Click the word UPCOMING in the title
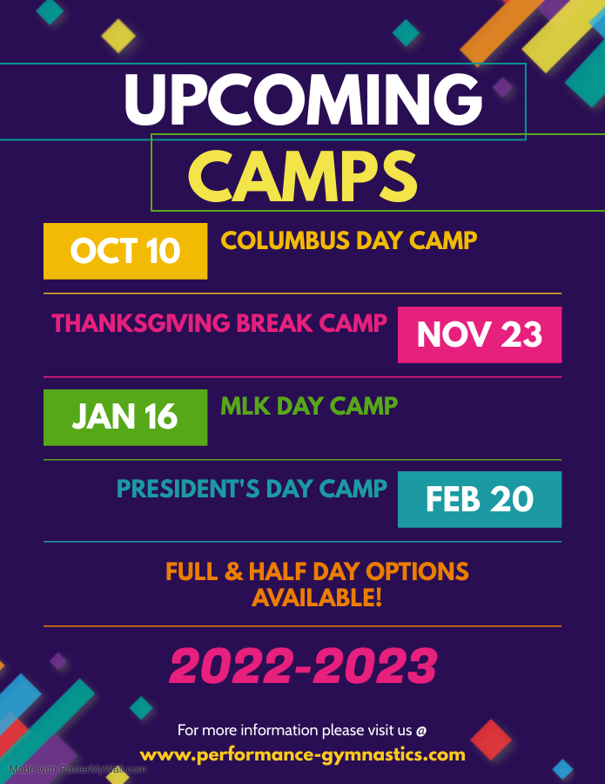click(x=303, y=100)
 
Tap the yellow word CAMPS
click(x=302, y=177)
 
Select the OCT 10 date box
click(x=125, y=251)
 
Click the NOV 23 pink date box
click(x=480, y=335)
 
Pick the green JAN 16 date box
click(x=125, y=417)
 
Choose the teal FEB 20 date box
click(x=480, y=499)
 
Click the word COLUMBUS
click(x=286, y=240)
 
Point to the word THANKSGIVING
click(x=141, y=323)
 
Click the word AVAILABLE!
click(x=317, y=598)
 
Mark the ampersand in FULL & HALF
click(x=233, y=571)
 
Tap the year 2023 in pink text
click(x=374, y=666)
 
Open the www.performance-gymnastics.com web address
click(x=303, y=755)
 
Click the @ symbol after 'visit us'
click(x=421, y=731)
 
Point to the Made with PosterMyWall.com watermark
click(x=77, y=769)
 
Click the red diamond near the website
click(x=491, y=740)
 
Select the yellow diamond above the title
click(x=118, y=36)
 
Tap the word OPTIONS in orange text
click(x=418, y=571)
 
